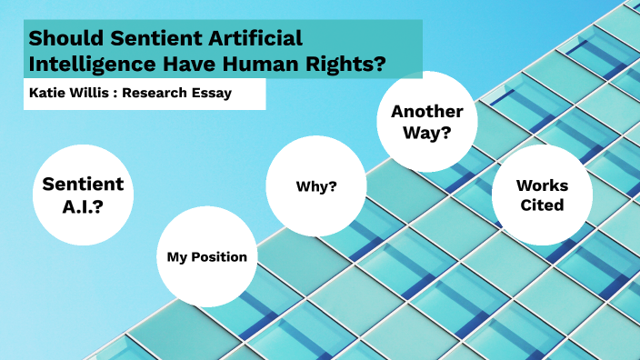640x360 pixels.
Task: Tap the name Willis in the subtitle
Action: tap(91, 93)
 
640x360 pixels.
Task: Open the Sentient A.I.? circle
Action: tap(84, 195)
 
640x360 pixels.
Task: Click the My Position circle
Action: tap(207, 256)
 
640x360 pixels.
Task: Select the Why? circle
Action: tap(316, 186)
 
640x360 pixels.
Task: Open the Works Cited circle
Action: tap(542, 195)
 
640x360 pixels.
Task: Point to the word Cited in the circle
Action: tap(542, 205)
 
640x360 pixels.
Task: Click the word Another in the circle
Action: tap(426, 112)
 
